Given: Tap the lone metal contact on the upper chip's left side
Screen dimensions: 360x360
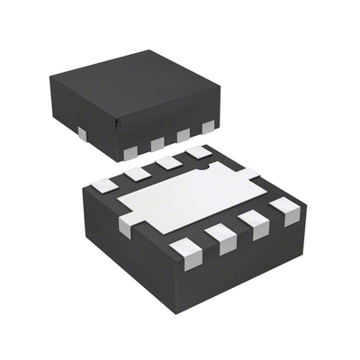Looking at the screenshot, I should [82, 134].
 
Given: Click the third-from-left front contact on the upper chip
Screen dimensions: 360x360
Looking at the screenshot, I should [185, 136].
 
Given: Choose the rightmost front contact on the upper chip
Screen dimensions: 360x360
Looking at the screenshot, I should [208, 127].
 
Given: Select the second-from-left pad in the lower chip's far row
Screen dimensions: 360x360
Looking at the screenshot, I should [137, 172].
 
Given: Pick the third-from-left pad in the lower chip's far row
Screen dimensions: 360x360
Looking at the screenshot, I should [166, 162].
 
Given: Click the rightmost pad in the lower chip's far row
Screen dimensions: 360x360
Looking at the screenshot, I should [196, 152].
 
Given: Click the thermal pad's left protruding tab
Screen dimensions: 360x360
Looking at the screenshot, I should [125, 225].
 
